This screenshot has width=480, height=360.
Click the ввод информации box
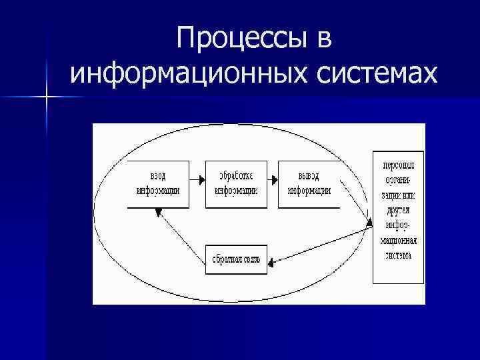click(x=157, y=183)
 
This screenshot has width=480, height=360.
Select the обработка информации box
click(x=236, y=183)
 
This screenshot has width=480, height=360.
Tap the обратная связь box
click(x=236, y=259)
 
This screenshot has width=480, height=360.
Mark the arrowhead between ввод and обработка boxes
click(x=201, y=180)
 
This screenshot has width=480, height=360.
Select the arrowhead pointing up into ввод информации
click(x=158, y=212)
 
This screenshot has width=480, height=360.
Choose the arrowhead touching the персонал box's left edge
click(x=369, y=225)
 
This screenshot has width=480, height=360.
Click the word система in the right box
click(x=398, y=255)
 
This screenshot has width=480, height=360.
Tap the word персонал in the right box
click(x=398, y=166)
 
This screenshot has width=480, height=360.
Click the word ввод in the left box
click(x=157, y=176)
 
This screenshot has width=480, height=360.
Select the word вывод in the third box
click(x=309, y=176)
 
